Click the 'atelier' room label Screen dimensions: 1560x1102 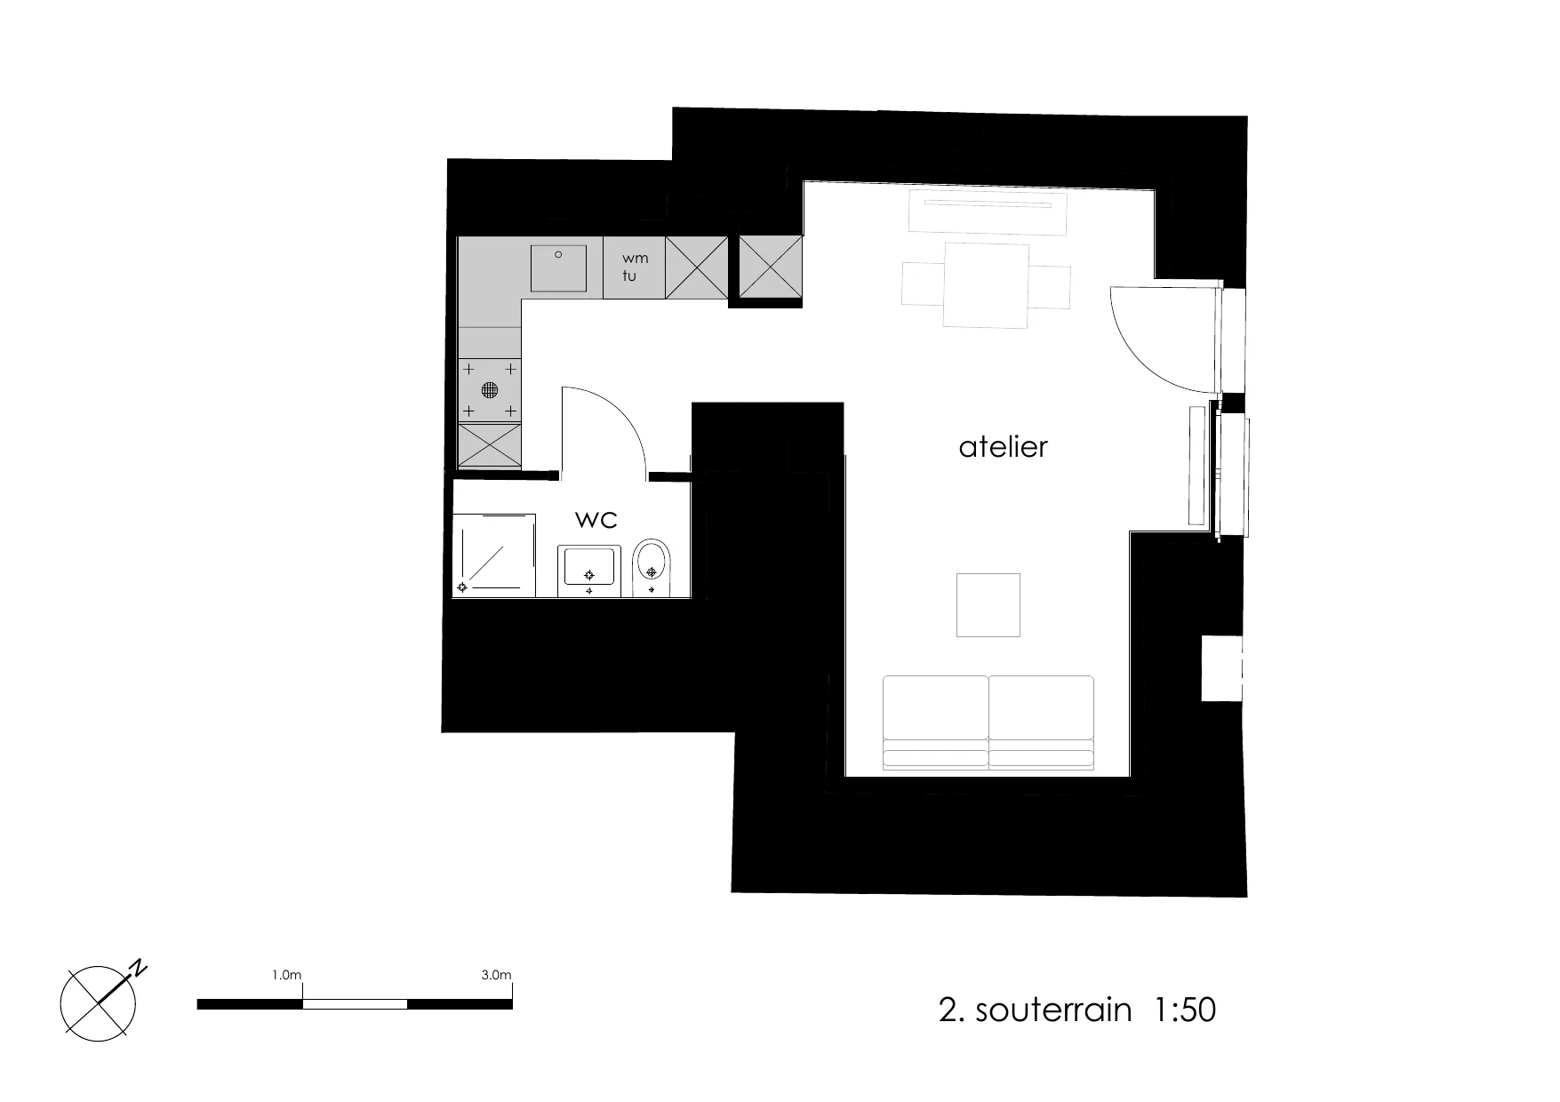pyautogui.click(x=1003, y=446)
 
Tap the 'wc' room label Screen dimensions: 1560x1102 pyautogui.click(x=596, y=519)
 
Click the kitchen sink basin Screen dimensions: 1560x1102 pyautogui.click(x=559, y=268)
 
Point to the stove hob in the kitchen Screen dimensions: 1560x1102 pyautogui.click(x=489, y=389)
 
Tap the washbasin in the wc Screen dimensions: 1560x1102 pyautogui.click(x=586, y=571)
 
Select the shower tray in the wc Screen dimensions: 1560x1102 pyautogui.click(x=494, y=555)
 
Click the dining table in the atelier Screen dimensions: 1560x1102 pyautogui.click(x=987, y=284)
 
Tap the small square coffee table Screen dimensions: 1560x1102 pyautogui.click(x=988, y=605)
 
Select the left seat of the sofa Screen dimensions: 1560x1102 pyautogui.click(x=936, y=722)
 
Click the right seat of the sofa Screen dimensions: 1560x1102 pyautogui.click(x=1041, y=722)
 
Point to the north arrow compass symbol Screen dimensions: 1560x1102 pyautogui.click(x=99, y=1002)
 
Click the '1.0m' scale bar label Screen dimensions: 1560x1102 pyautogui.click(x=287, y=975)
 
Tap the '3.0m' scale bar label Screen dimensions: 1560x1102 pyautogui.click(x=496, y=975)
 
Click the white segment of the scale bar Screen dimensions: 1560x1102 pyautogui.click(x=355, y=1004)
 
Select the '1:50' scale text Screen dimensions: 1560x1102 pyautogui.click(x=1185, y=1010)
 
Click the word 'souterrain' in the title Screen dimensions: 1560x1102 pyautogui.click(x=1053, y=1010)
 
